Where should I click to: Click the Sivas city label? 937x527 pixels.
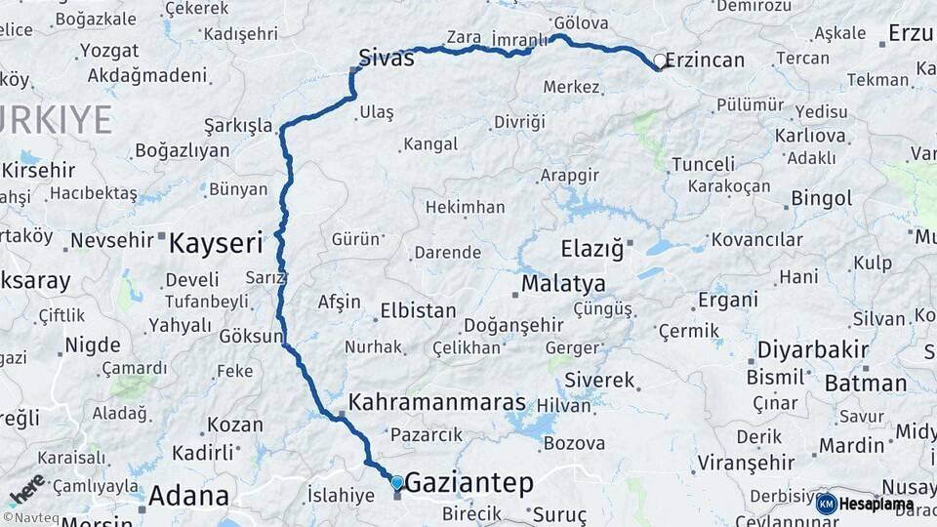387,58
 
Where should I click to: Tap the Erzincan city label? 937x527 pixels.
706,61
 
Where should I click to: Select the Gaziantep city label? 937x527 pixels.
468,482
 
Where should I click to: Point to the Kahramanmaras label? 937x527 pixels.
437,402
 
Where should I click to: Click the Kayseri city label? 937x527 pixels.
216,243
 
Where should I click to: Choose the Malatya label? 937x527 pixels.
563,284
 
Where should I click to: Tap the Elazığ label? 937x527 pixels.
591,248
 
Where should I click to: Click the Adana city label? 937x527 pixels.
187,496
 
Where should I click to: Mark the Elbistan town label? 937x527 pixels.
418,311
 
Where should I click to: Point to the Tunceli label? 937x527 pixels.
703,164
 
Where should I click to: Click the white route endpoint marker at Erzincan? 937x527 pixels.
660,62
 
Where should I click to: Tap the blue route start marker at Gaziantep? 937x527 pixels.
396,481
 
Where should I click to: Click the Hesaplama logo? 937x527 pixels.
865,504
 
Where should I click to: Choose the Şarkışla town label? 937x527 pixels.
238,126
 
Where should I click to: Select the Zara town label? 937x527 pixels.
464,38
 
